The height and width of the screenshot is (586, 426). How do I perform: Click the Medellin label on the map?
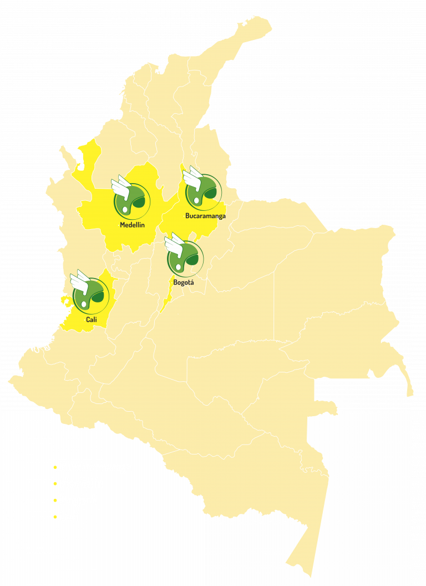tap(132, 225)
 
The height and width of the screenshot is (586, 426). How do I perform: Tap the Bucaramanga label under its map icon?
tap(205, 216)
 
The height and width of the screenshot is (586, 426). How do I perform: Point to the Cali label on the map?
tap(91, 320)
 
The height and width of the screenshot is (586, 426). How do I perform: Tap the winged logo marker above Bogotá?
tap(186, 257)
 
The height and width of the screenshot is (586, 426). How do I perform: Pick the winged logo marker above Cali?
tap(91, 295)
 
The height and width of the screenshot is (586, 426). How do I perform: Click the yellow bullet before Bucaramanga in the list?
tap(55, 467)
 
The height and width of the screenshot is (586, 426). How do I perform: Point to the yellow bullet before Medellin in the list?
tap(55, 484)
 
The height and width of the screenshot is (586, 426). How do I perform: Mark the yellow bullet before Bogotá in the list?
tap(55, 501)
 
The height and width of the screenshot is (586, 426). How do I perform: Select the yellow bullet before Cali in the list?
tap(55, 517)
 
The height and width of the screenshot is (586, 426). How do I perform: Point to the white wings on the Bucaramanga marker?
tap(192, 175)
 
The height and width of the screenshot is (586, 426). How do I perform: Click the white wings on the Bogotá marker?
tap(174, 242)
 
